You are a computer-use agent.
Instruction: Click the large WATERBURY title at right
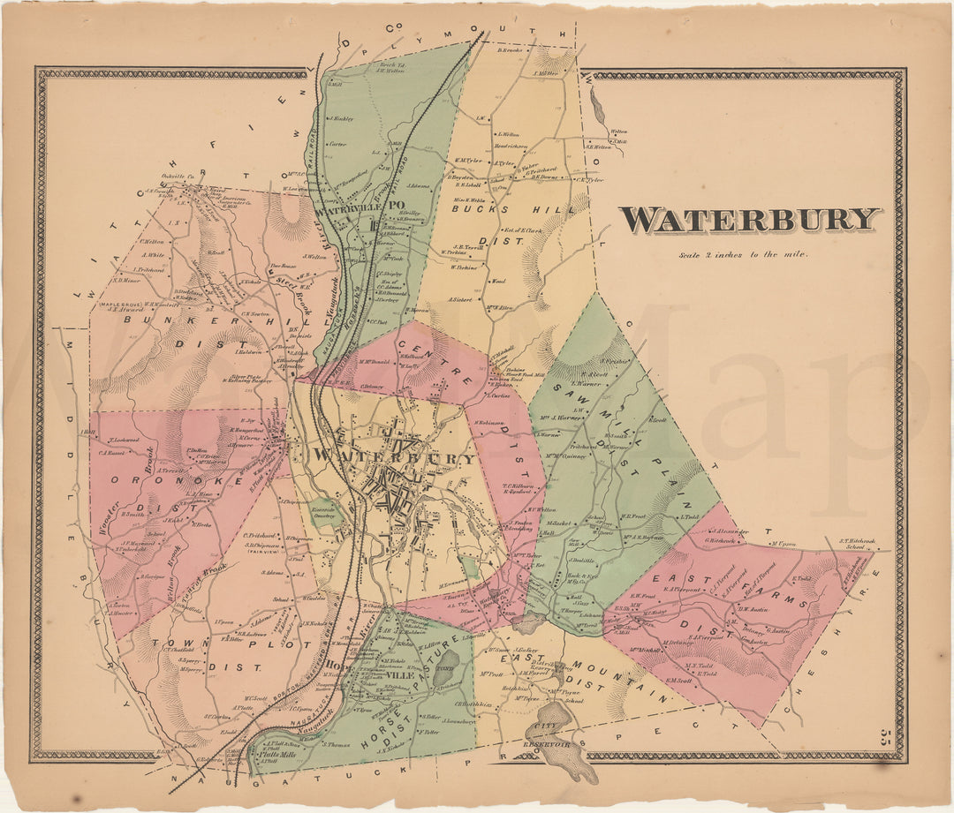click(750, 219)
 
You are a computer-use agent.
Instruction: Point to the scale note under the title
click(745, 255)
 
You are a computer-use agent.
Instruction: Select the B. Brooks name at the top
click(511, 50)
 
